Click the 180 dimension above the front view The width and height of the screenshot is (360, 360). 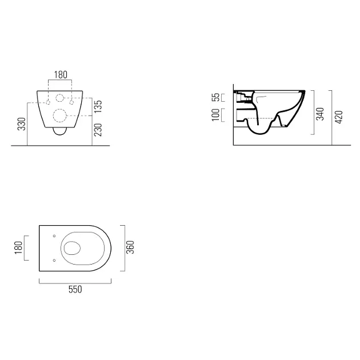[x=61, y=75]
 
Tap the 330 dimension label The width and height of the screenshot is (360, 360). [x=22, y=124]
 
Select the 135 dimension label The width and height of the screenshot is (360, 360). [x=98, y=106]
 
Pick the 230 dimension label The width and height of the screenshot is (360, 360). [x=98, y=130]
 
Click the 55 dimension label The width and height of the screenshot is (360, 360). [x=215, y=97]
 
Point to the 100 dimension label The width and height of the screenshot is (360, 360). [x=215, y=115]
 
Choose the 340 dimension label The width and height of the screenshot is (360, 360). [x=320, y=114]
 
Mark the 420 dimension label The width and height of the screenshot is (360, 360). [x=339, y=117]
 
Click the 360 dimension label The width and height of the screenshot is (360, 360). [x=130, y=247]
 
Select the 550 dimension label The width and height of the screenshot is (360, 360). [x=75, y=289]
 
